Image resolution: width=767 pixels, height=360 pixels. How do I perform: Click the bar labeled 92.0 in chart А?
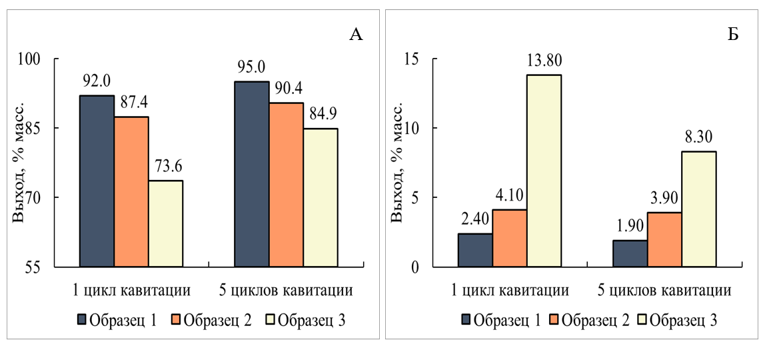tap(97, 181)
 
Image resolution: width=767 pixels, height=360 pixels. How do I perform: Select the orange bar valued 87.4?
tap(131, 192)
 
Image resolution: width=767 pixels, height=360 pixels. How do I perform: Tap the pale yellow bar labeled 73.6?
tap(166, 224)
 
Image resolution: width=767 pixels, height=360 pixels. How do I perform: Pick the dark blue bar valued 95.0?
tap(252, 174)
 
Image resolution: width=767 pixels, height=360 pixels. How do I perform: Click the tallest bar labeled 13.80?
tap(544, 171)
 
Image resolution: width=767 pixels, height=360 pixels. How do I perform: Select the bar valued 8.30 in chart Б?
tap(699, 209)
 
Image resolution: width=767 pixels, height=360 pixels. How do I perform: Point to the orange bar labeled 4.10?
tap(510, 238)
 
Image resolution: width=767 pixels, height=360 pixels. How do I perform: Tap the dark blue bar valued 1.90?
tap(630, 253)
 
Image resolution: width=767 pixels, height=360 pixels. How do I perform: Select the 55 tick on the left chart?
tap(51, 267)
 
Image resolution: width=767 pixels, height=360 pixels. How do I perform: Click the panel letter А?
tap(356, 35)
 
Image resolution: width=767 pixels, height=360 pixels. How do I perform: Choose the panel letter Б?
tap(732, 35)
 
